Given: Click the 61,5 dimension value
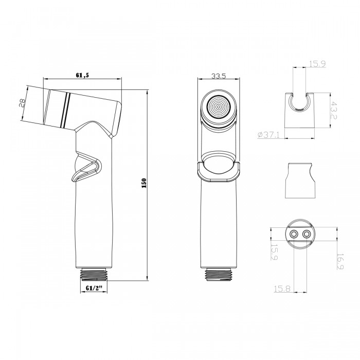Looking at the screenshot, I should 83,75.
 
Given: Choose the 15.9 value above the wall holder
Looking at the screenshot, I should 316,64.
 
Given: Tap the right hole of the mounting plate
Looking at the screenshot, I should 308,235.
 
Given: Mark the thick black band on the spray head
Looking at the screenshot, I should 64,109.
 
